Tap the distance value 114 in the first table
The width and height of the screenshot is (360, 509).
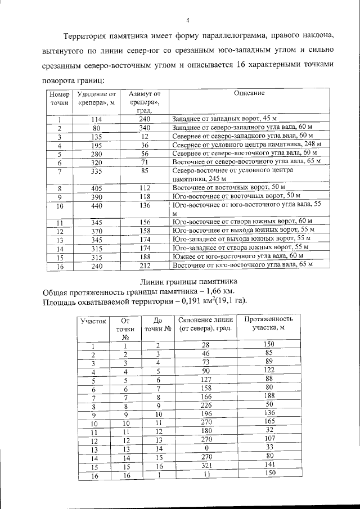[96, 119]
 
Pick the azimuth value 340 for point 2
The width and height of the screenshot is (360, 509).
[145, 128]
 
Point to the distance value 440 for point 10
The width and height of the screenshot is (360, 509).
[96, 205]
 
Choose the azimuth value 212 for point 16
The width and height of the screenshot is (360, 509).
[145, 265]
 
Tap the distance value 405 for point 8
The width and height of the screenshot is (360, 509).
[96, 187]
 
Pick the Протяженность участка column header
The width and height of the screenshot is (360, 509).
[267, 324]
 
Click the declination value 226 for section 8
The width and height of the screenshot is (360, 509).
[205, 404]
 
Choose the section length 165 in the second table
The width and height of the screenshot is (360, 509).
[267, 422]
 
